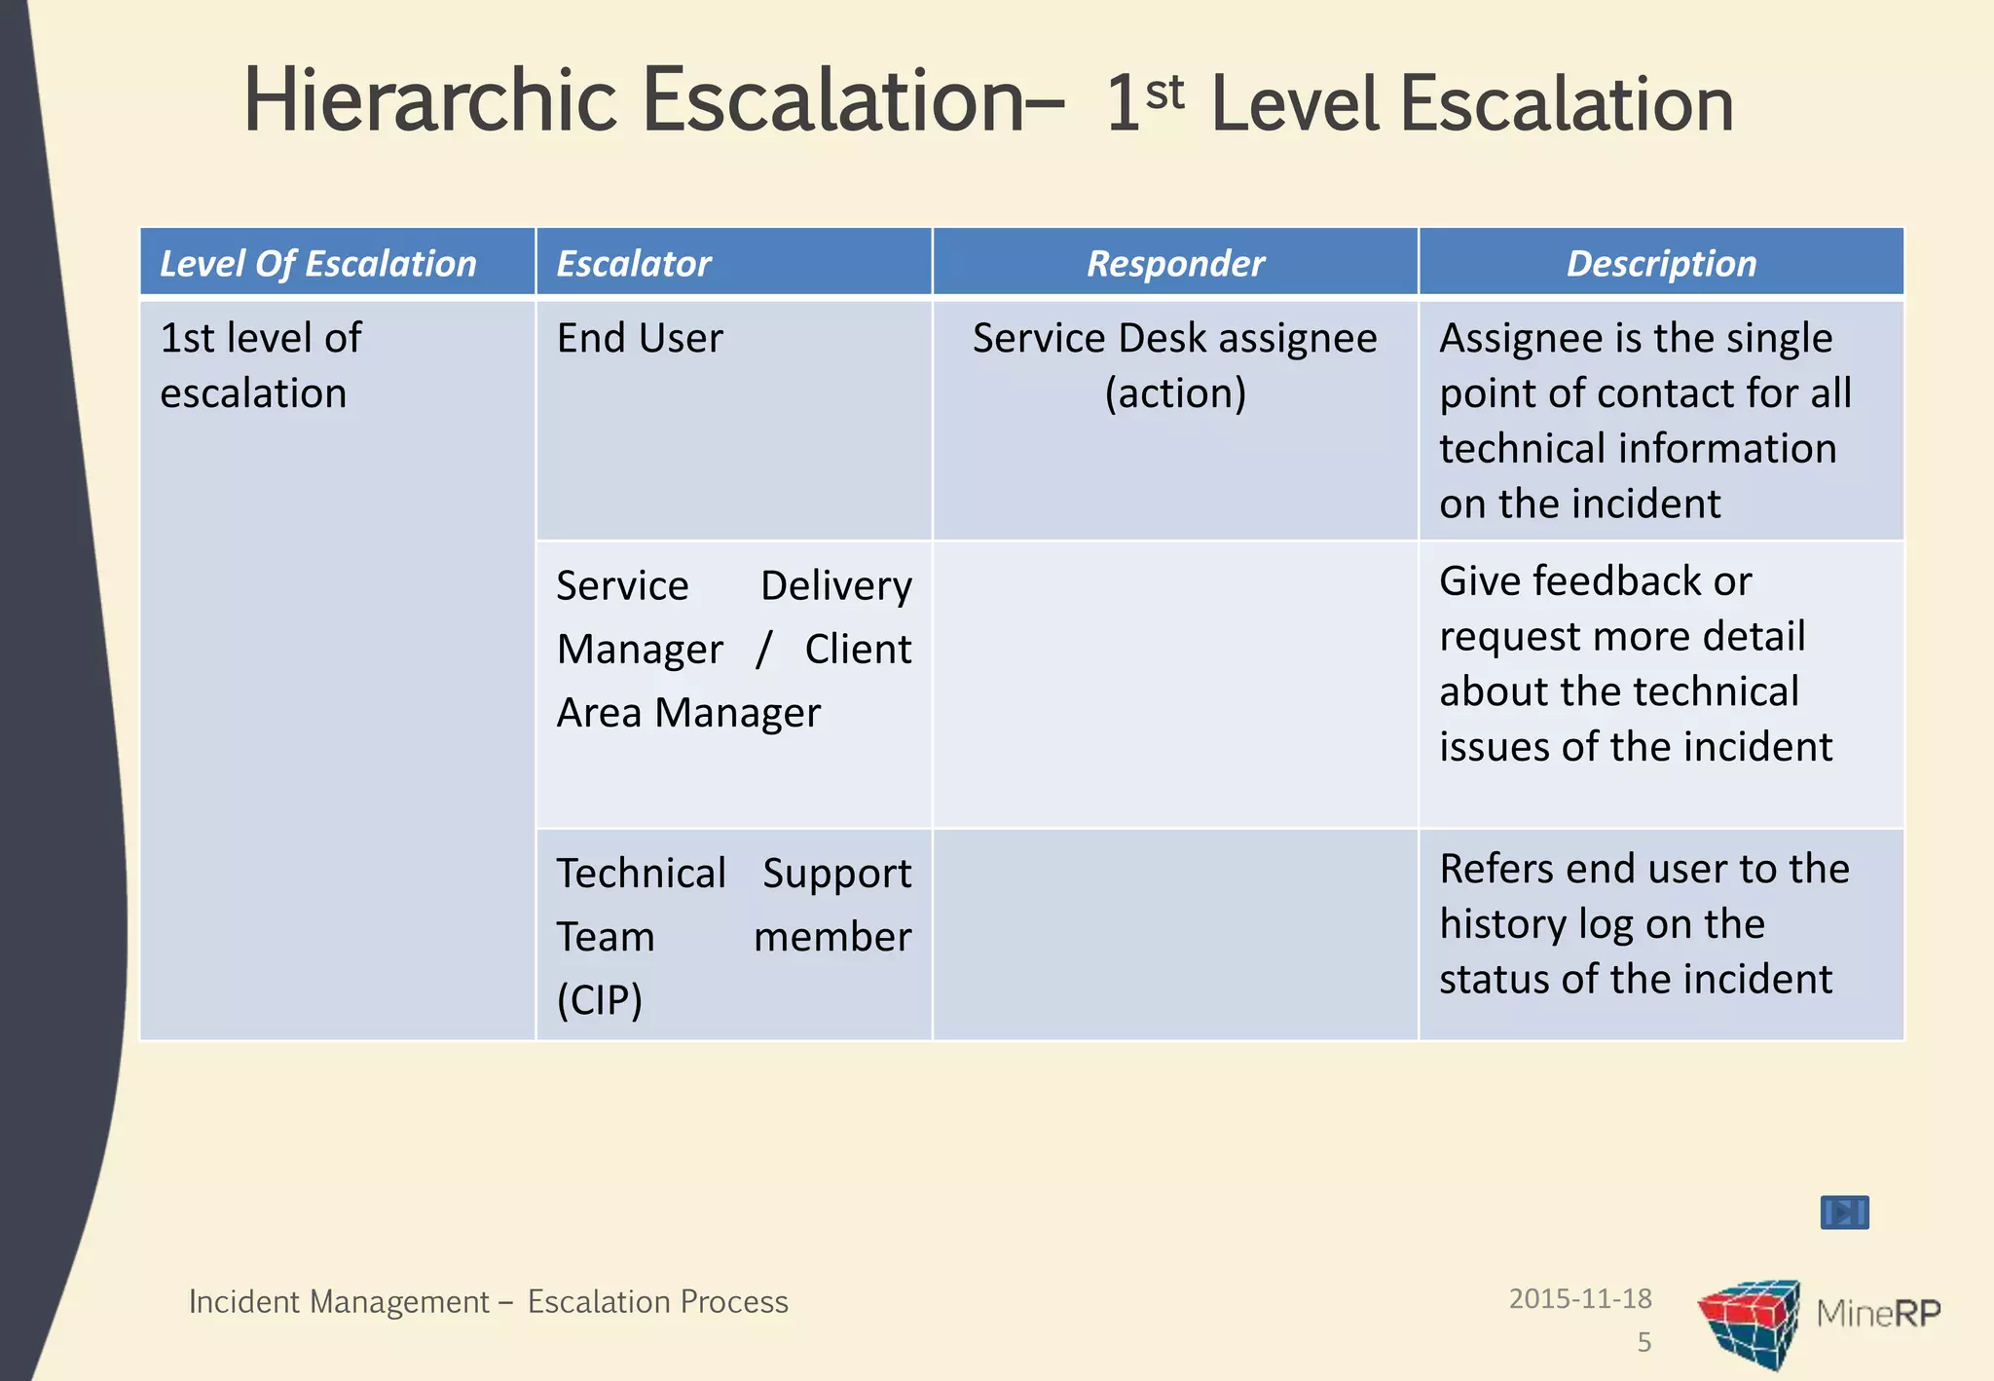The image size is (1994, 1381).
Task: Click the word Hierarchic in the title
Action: [429, 100]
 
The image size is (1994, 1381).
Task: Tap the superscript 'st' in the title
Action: [1164, 93]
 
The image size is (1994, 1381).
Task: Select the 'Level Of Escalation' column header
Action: [318, 264]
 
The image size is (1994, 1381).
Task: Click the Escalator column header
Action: [634, 264]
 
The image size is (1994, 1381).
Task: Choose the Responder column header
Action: [1175, 264]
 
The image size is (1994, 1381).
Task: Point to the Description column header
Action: [1661, 264]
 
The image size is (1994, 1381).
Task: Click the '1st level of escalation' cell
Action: [261, 365]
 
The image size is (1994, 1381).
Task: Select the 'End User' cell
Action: [640, 339]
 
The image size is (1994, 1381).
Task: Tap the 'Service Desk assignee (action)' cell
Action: [1175, 365]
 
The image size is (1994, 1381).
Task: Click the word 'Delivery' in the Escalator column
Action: [835, 586]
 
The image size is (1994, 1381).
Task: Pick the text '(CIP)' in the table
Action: [600, 1000]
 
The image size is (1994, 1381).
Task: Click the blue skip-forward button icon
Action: [1844, 1213]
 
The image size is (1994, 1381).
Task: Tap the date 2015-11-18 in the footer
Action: [1579, 1298]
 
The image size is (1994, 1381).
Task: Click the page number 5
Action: [1643, 1342]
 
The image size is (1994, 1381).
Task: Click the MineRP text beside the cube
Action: [1877, 1314]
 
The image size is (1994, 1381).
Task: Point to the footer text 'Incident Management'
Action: [339, 1302]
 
